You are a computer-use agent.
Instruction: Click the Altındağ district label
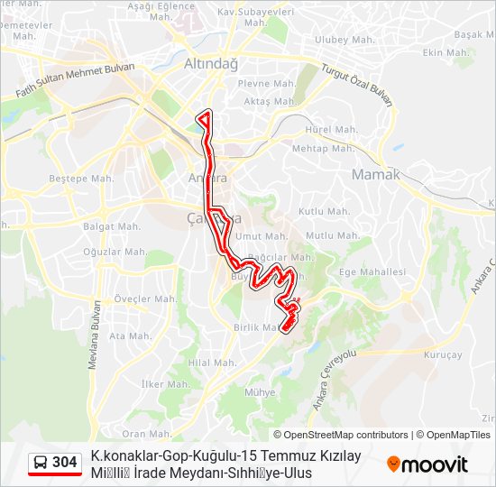click(x=210, y=64)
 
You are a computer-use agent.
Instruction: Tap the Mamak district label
click(x=375, y=174)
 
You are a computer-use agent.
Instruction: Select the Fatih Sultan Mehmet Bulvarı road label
click(x=76, y=81)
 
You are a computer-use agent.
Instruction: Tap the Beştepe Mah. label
click(x=81, y=179)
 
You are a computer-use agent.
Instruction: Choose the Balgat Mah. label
click(x=112, y=226)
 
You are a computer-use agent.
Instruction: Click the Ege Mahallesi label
click(x=372, y=271)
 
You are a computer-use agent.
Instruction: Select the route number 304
click(x=65, y=463)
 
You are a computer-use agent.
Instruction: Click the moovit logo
click(x=427, y=464)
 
